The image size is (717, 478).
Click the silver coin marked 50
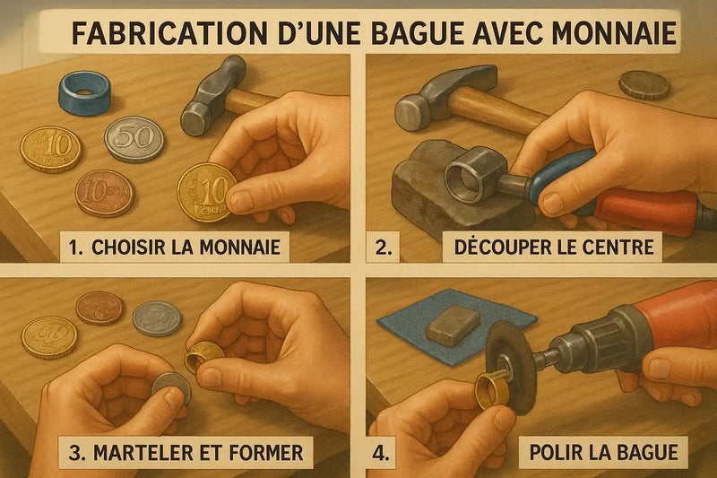click(134, 139)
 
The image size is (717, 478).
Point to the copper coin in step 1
click(104, 193)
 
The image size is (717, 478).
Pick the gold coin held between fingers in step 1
click(205, 191)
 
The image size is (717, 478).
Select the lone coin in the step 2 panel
click(644, 84)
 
